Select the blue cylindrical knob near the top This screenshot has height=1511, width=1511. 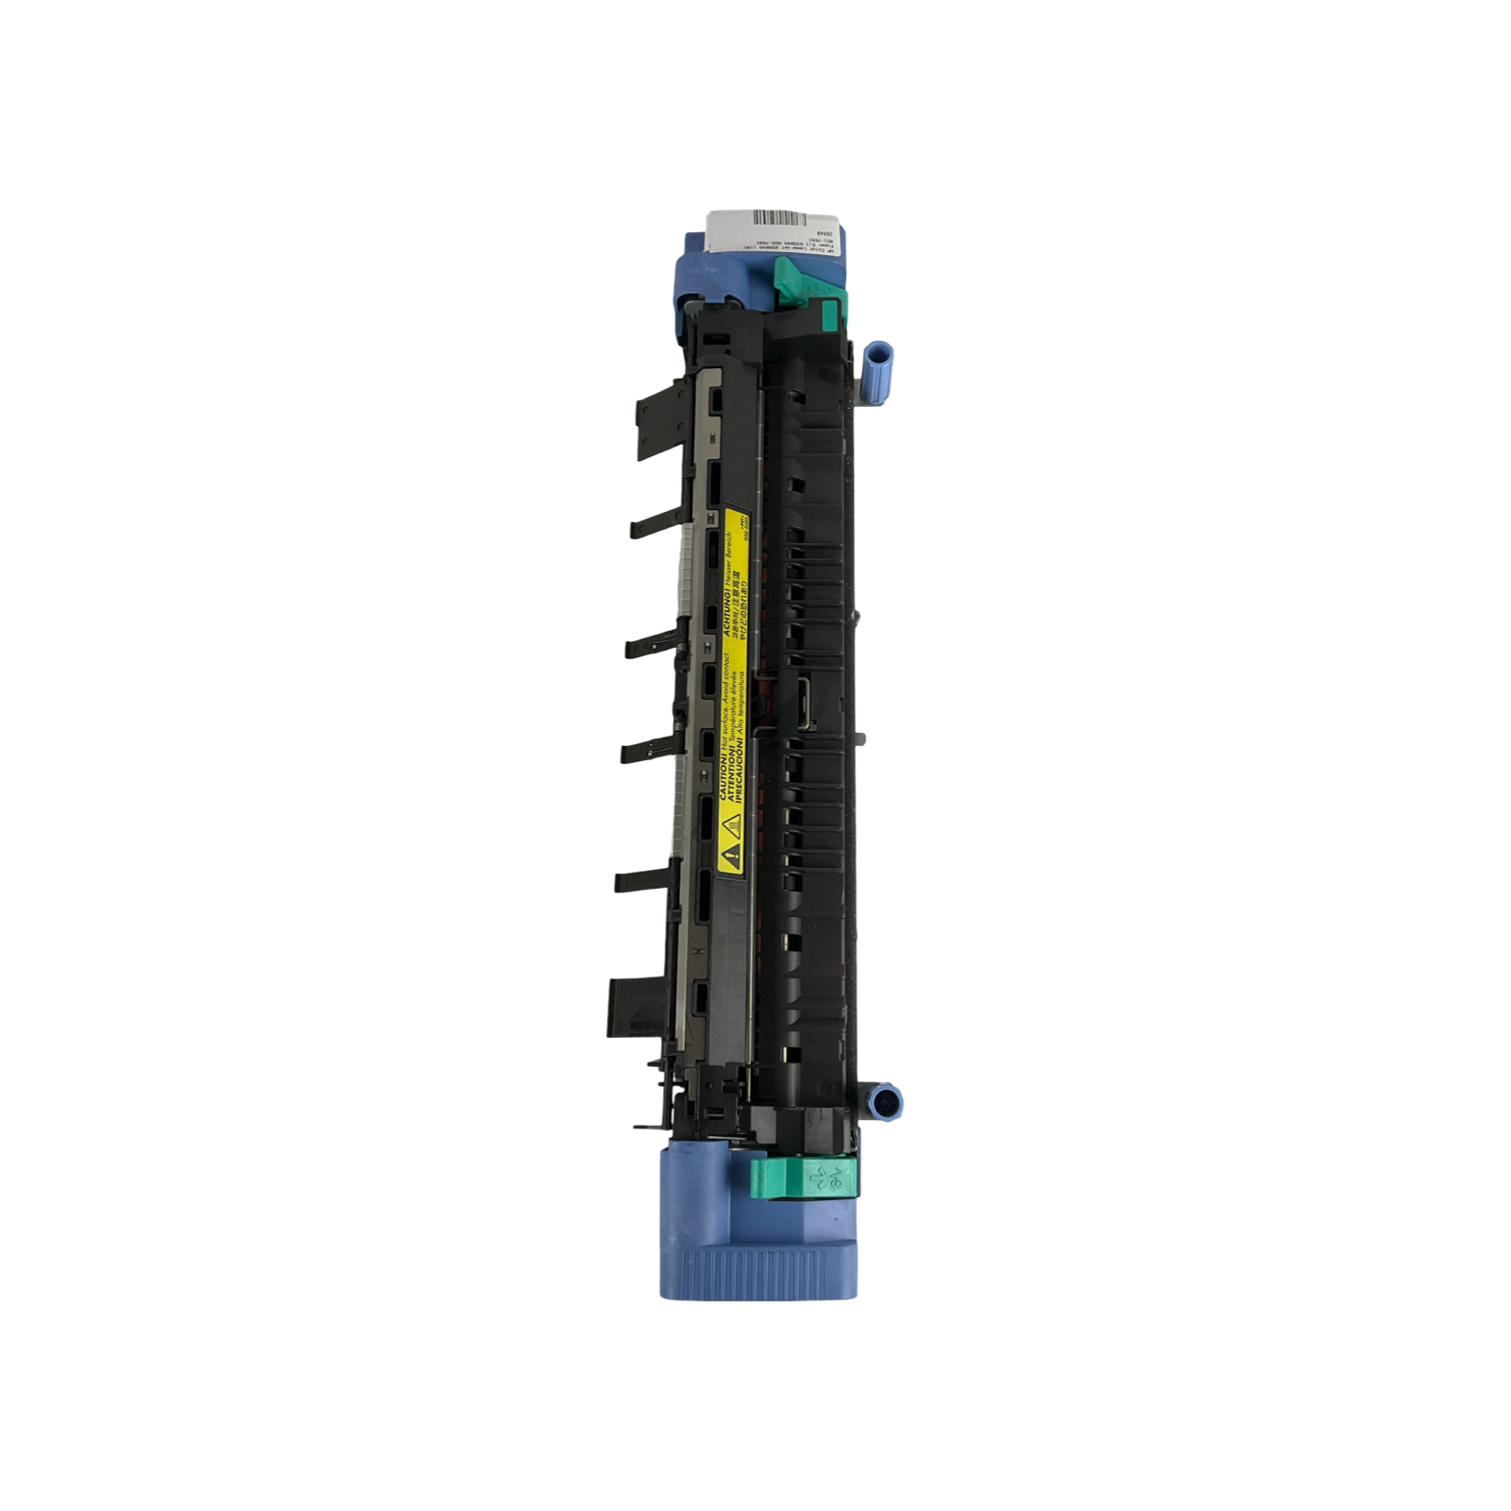pyautogui.click(x=877, y=361)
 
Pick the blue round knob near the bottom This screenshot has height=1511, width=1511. pyautogui.click(x=884, y=1101)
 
